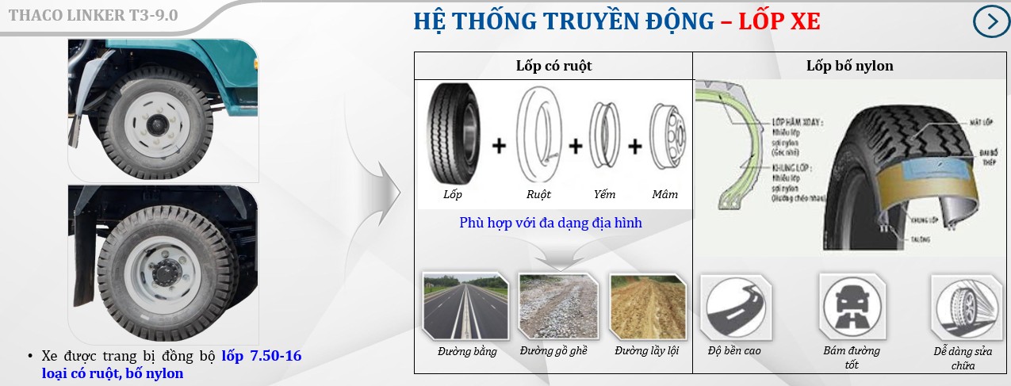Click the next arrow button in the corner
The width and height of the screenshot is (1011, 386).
991,21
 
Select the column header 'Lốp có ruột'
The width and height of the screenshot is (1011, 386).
553,66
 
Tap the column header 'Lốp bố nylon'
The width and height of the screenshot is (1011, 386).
849,66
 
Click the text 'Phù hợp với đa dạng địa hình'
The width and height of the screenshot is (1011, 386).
550,223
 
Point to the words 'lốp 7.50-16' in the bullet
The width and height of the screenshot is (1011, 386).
262,357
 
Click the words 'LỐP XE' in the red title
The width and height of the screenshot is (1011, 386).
779,22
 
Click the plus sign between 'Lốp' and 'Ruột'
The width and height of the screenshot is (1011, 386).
499,147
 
